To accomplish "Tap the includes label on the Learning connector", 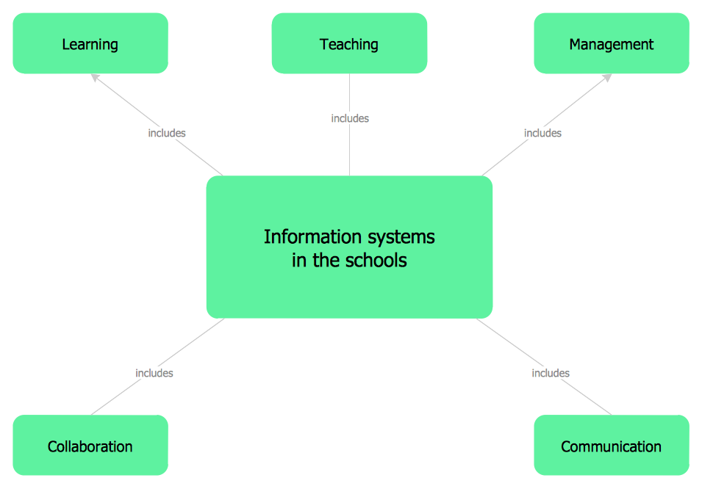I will [x=167, y=133].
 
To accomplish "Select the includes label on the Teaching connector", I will [x=350, y=118].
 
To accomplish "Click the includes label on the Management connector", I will [x=542, y=133].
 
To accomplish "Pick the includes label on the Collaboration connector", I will [x=154, y=373].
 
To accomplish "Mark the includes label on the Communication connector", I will [x=551, y=373].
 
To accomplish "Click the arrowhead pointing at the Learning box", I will [x=94, y=76].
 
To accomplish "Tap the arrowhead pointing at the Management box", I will [x=607, y=76].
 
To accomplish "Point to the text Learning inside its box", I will [x=90, y=44].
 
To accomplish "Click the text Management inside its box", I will [x=611, y=44].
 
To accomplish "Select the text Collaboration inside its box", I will [x=90, y=446].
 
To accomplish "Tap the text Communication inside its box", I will [x=611, y=446].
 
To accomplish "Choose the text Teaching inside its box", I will [x=349, y=44].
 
